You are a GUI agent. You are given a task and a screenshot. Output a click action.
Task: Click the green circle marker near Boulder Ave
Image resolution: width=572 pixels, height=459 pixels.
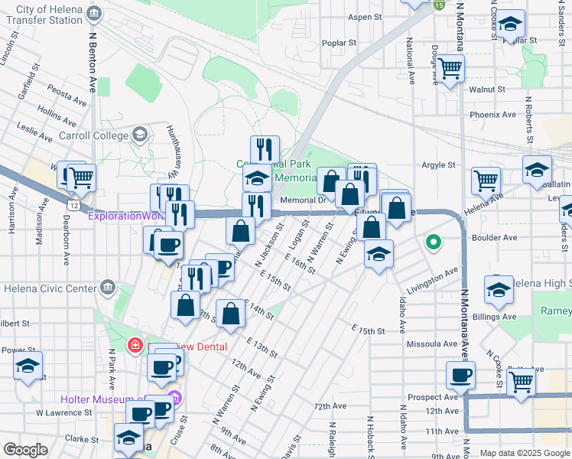[x=434, y=243]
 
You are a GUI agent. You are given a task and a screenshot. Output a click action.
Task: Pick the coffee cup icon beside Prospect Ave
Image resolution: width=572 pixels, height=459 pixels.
[x=460, y=376]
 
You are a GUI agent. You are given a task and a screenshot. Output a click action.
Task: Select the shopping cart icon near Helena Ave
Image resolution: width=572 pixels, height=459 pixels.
[x=486, y=181]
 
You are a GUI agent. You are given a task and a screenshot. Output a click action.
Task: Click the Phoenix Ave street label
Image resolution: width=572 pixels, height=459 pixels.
[x=493, y=115]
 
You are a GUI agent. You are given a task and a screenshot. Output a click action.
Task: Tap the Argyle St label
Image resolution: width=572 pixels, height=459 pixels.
[x=438, y=164]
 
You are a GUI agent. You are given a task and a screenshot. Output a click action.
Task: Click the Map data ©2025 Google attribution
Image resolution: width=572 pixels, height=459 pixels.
[x=524, y=453]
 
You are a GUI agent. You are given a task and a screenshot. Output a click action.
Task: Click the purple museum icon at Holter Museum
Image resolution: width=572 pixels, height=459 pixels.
[x=174, y=399]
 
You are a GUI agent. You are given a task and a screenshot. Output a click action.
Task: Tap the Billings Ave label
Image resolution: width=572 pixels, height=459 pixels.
[x=493, y=317]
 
